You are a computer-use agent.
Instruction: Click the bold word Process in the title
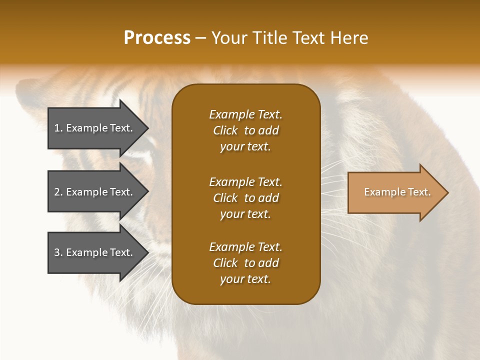coord(157,38)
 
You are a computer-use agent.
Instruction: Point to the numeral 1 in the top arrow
coord(57,128)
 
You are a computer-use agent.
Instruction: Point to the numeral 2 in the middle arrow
coord(57,192)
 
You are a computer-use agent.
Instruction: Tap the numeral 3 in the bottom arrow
coord(57,252)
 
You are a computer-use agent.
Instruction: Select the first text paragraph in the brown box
coord(245,130)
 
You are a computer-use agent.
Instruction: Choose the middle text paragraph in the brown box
coord(245,198)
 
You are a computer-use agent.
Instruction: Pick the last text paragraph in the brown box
coord(245,263)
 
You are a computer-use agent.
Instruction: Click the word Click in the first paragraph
coord(225,130)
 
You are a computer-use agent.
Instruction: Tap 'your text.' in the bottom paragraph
coord(245,279)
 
